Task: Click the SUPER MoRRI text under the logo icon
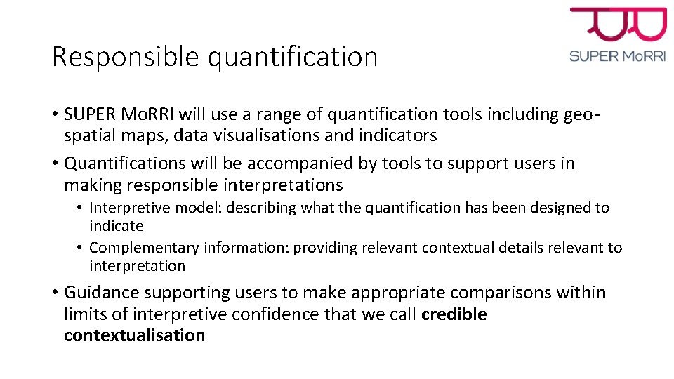point(618,56)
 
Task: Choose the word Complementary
point(144,248)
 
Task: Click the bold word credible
point(454,314)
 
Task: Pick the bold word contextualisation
point(134,335)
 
